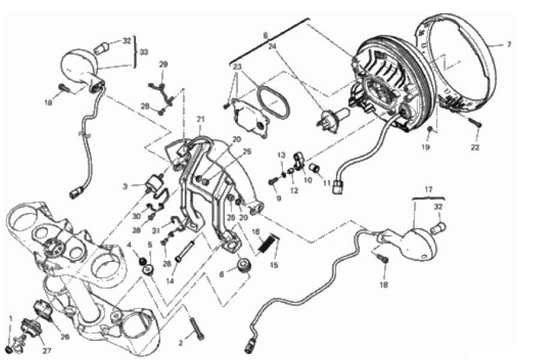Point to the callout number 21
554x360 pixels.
[x=200, y=119]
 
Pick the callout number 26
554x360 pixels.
[x=65, y=337]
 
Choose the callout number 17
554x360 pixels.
[x=429, y=189]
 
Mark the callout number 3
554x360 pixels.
[x=125, y=187]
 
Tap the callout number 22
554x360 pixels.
[x=475, y=148]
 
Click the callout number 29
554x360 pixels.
[x=163, y=64]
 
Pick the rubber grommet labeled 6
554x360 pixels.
[x=244, y=265]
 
